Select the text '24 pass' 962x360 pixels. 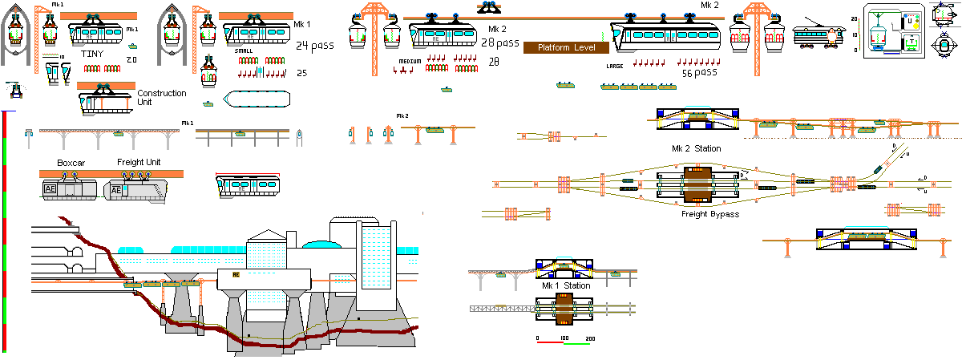(314, 46)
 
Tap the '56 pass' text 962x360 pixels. (698, 73)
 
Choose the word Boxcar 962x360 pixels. (71, 163)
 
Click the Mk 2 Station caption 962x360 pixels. (696, 148)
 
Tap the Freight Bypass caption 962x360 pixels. (709, 214)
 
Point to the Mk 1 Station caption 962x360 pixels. (566, 285)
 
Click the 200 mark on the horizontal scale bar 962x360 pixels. (591, 339)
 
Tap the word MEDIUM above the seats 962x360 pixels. (410, 61)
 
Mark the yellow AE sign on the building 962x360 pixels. (236, 274)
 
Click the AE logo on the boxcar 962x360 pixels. (51, 189)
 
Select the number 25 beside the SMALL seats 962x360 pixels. (302, 73)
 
